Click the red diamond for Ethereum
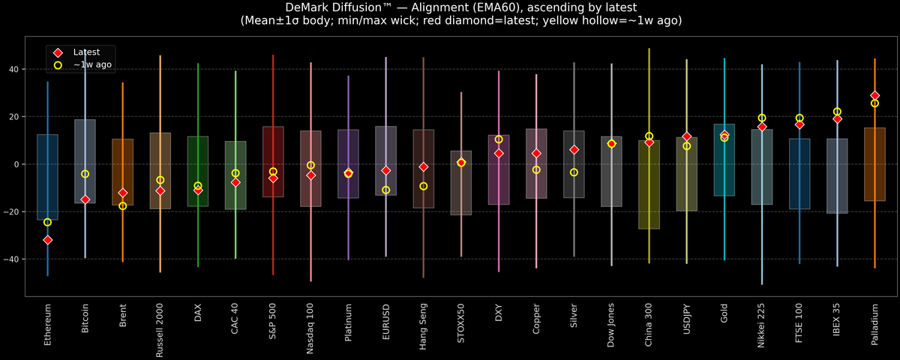click(47, 240)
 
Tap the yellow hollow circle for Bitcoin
click(85, 174)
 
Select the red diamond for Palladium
click(874, 95)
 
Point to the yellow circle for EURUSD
click(386, 190)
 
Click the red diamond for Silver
click(574, 150)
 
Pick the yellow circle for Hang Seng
click(424, 186)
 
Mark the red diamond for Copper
click(536, 153)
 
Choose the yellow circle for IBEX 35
click(837, 112)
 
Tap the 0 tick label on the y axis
click(17, 164)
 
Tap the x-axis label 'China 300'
click(649, 326)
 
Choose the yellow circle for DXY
click(499, 139)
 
